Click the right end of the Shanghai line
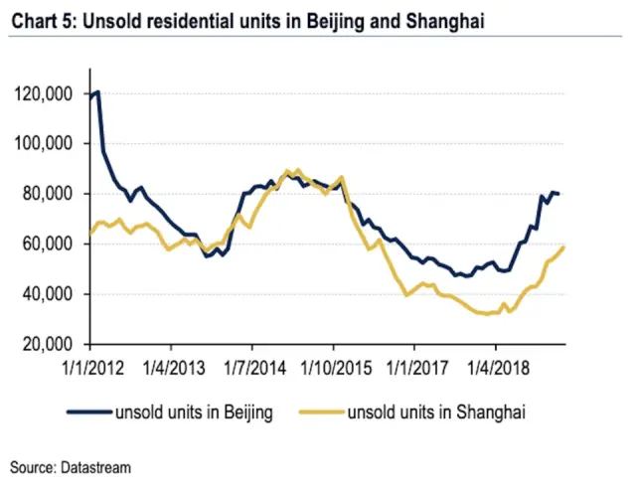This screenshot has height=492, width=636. tap(564, 246)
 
